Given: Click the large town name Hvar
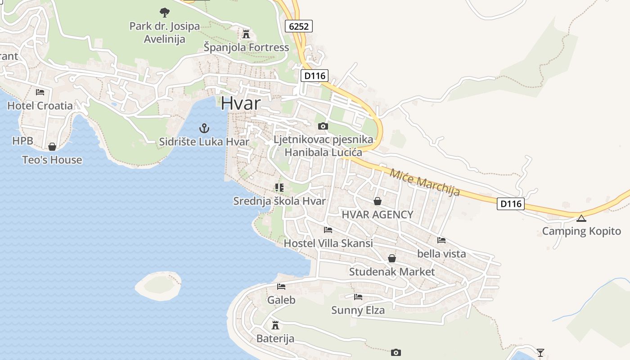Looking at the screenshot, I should (x=240, y=103).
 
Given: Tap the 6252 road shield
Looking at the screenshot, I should (x=299, y=26).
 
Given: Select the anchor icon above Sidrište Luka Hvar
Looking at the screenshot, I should (x=204, y=128).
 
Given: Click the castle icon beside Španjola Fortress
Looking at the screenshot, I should (x=246, y=34).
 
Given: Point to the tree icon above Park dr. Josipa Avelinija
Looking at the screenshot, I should (x=164, y=12).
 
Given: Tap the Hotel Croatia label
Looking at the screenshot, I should (x=40, y=106).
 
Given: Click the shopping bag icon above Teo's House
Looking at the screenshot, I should (x=52, y=147).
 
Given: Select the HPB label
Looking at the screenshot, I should (x=22, y=141).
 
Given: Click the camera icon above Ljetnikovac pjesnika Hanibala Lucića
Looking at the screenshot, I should (x=323, y=126).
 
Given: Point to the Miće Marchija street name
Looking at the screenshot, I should (x=425, y=182).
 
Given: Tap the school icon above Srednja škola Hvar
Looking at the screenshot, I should (x=279, y=187).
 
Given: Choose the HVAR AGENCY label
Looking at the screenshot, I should (x=377, y=215).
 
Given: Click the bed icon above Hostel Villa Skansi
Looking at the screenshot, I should (x=328, y=230).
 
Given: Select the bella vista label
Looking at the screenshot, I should (x=441, y=254).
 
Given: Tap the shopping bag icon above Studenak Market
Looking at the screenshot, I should (x=392, y=258).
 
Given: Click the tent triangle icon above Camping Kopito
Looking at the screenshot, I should (x=581, y=219).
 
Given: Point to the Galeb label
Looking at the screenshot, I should (x=281, y=300).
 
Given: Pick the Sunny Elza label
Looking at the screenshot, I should (x=358, y=310).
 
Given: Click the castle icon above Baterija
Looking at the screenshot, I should (x=275, y=325).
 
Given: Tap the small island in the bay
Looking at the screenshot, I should (x=158, y=285).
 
